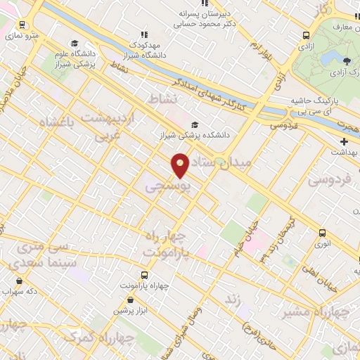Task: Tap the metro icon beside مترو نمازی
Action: (x=23, y=24)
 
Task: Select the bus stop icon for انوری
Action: (x=323, y=233)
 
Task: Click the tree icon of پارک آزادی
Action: (x=346, y=61)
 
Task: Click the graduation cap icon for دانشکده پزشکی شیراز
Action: (x=195, y=124)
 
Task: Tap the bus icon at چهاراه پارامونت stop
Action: (x=144, y=275)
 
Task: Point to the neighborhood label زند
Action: (x=232, y=300)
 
